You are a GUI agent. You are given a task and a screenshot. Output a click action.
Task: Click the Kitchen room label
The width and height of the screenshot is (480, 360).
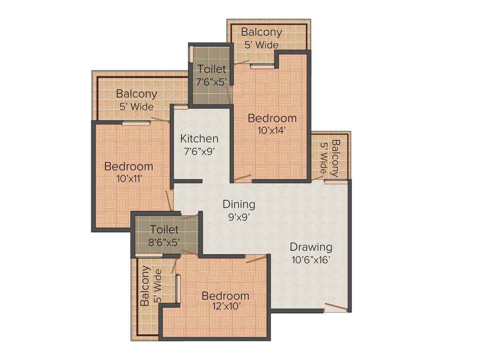[199, 139]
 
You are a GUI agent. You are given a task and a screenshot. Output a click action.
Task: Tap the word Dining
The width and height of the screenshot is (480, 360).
[239, 204]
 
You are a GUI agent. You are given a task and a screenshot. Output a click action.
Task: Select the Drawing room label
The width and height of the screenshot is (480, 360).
[310, 247]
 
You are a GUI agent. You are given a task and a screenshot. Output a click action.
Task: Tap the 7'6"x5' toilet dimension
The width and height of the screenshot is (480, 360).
[211, 81]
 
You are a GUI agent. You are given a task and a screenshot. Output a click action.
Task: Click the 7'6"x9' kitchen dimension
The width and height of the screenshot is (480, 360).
[199, 151]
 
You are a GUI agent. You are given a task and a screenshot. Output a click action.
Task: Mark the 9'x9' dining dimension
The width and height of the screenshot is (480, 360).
[239, 217]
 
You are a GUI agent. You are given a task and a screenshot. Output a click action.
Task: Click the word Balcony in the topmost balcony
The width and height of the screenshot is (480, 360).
[262, 32]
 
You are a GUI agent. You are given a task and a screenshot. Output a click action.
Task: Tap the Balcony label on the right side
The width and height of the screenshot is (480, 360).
[335, 158]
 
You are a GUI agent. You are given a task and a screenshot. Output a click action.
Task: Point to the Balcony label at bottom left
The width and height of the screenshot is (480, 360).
[145, 285]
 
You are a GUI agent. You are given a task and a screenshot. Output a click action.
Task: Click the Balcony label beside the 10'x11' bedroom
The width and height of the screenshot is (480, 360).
[136, 94]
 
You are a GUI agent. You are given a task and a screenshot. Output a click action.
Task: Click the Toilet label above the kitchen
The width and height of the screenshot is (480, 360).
[211, 69]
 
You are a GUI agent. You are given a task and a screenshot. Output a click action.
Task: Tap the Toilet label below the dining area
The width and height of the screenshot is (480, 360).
[164, 230]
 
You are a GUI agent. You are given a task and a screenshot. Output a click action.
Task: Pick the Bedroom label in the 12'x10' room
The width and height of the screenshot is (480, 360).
[225, 296]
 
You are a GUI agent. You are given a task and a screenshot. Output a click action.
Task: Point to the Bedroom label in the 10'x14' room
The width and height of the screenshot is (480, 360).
[272, 118]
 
